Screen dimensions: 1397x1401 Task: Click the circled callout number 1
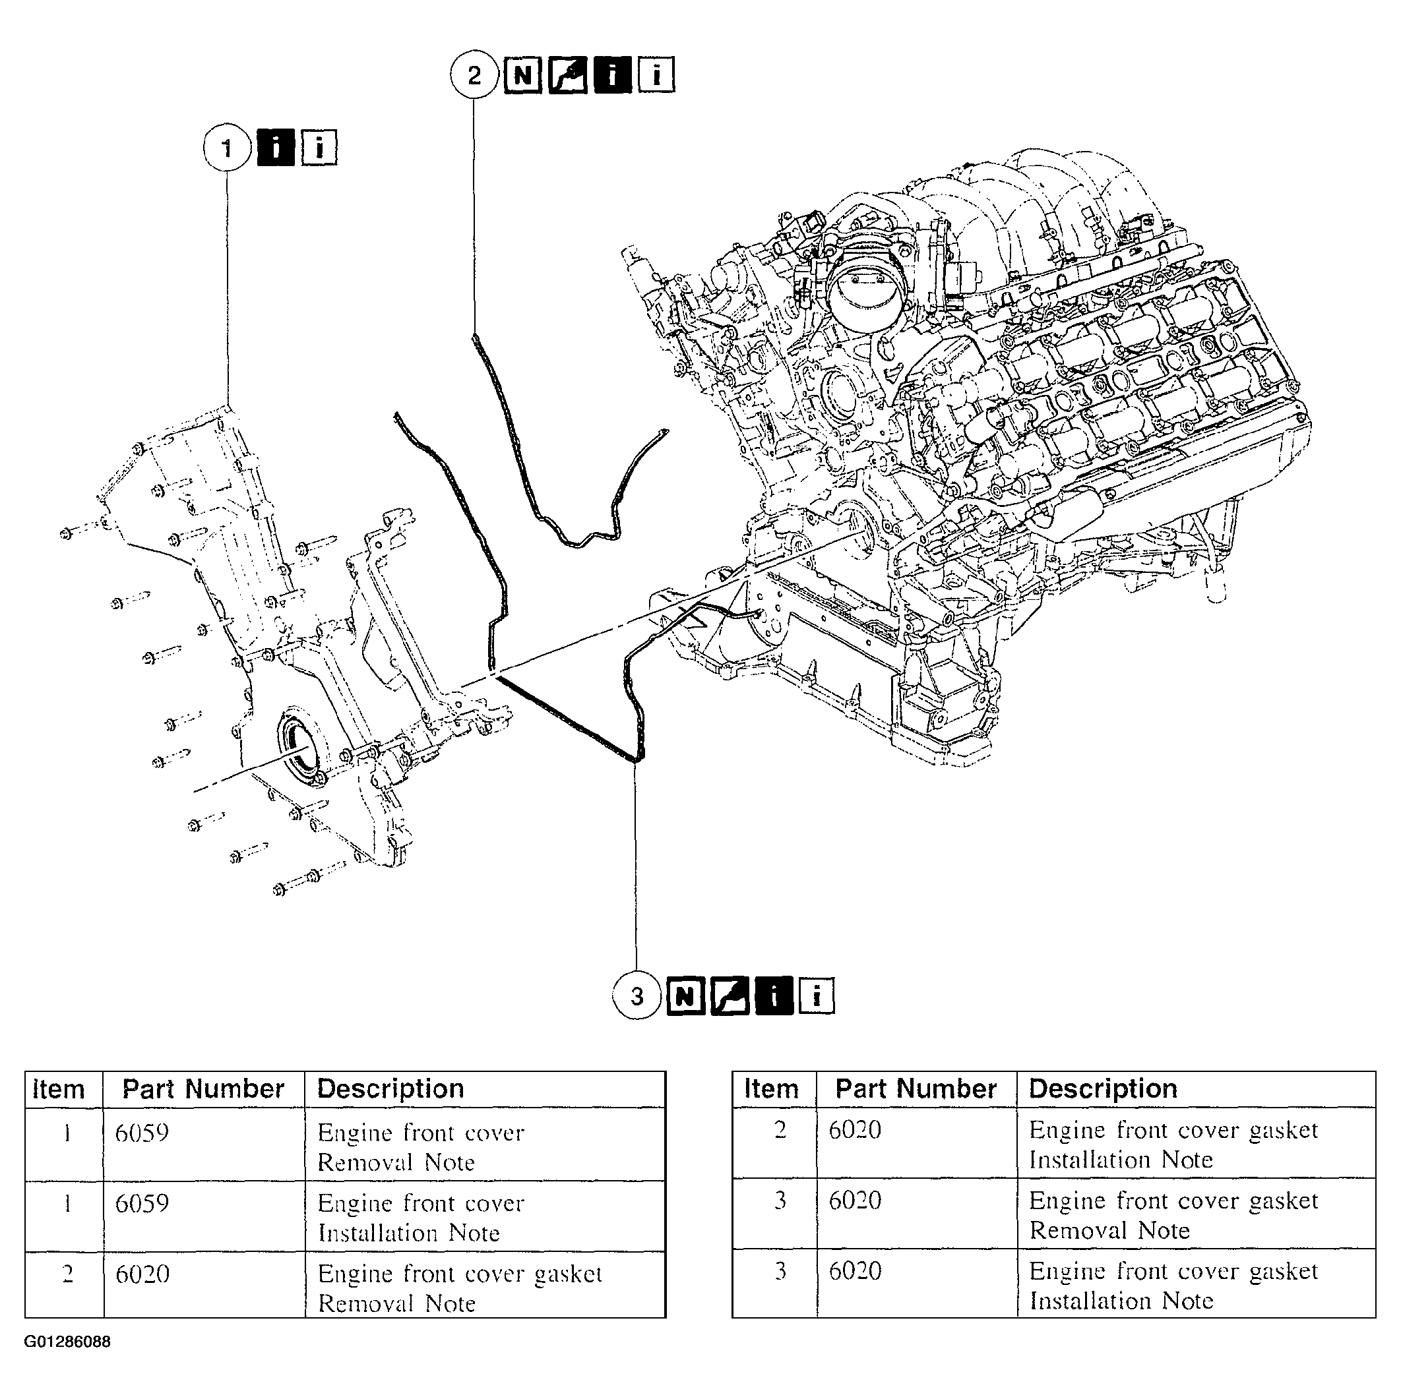[227, 148]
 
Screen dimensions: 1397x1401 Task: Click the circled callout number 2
[474, 74]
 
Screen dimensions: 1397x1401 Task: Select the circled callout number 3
[637, 996]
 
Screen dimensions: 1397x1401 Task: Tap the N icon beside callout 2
[523, 74]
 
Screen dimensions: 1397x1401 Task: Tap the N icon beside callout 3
[685, 996]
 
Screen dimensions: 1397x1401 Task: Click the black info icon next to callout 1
[276, 148]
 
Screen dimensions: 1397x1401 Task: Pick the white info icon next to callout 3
[817, 996]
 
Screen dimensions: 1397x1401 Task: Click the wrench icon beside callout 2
[567, 74]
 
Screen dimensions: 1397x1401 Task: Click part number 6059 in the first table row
[142, 1133]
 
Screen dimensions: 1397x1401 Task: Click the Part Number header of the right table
[916, 1089]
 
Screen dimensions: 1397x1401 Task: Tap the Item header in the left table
[58, 1089]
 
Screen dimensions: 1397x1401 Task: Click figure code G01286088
[67, 1342]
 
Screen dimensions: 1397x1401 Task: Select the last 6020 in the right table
[855, 1271]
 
